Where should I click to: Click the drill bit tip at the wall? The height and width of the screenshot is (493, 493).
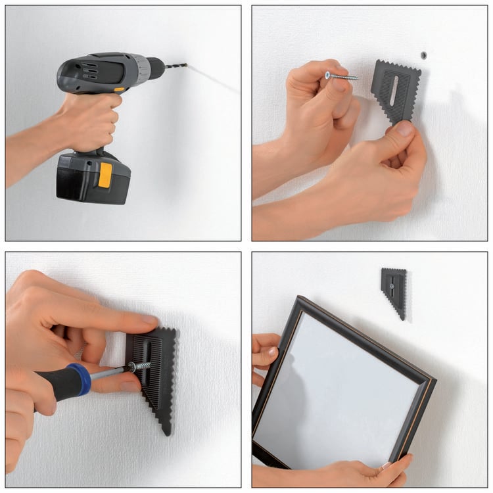[185, 64]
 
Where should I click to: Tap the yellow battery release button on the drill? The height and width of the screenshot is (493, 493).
[105, 174]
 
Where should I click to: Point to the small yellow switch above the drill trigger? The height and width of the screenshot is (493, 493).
[119, 89]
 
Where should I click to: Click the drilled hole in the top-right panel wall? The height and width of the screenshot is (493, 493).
[424, 53]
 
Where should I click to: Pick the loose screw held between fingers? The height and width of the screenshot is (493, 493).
[341, 76]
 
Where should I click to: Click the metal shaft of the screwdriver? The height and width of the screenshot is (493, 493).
[108, 373]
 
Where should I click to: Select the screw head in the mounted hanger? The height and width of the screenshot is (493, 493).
[392, 286]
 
